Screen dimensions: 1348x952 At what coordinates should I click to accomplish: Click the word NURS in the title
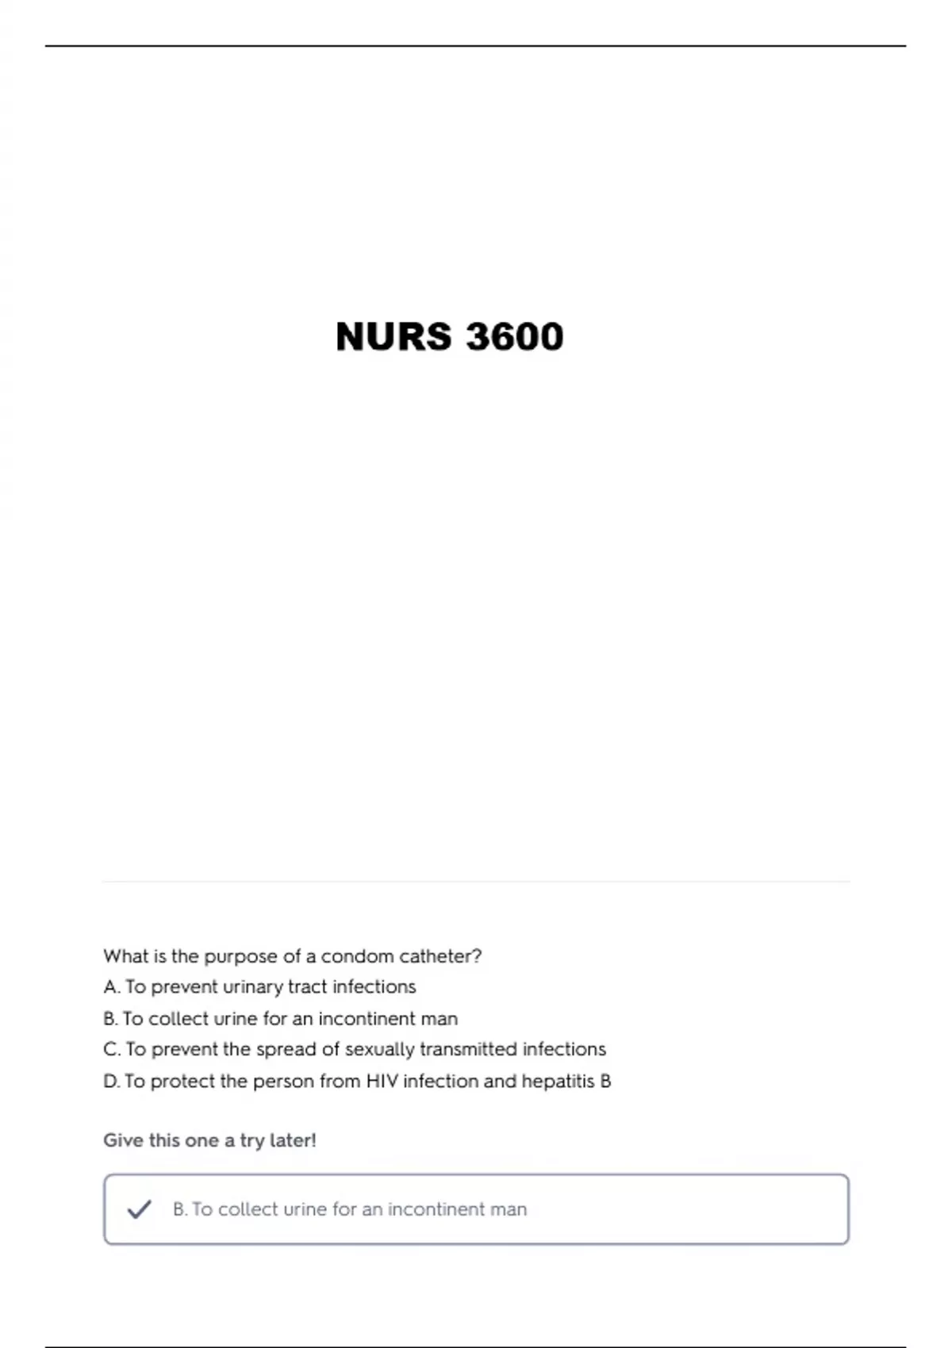pyautogui.click(x=393, y=336)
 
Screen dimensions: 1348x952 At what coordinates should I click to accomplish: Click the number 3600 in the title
pyautogui.click(x=515, y=336)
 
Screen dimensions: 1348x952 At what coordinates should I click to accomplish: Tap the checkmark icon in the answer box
pyautogui.click(x=140, y=1209)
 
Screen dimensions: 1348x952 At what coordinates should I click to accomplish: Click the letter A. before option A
pyautogui.click(x=111, y=987)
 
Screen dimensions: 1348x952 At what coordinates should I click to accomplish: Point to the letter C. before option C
pyautogui.click(x=112, y=1050)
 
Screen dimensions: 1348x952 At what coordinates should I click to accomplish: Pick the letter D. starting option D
pyautogui.click(x=112, y=1082)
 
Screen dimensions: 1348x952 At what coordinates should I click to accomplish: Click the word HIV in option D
pyautogui.click(x=382, y=1082)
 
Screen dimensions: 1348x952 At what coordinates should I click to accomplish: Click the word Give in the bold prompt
pyautogui.click(x=121, y=1140)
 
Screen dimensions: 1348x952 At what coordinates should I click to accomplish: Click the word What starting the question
pyautogui.click(x=125, y=956)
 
